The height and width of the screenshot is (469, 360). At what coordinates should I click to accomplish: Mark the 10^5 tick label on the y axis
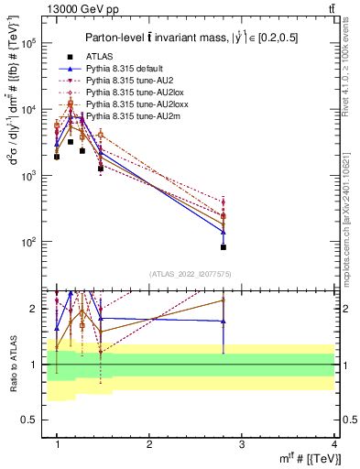[28, 43]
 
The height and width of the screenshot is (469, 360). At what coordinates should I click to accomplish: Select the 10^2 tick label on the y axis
[28, 242]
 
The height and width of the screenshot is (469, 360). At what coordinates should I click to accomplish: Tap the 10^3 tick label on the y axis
[28, 176]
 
